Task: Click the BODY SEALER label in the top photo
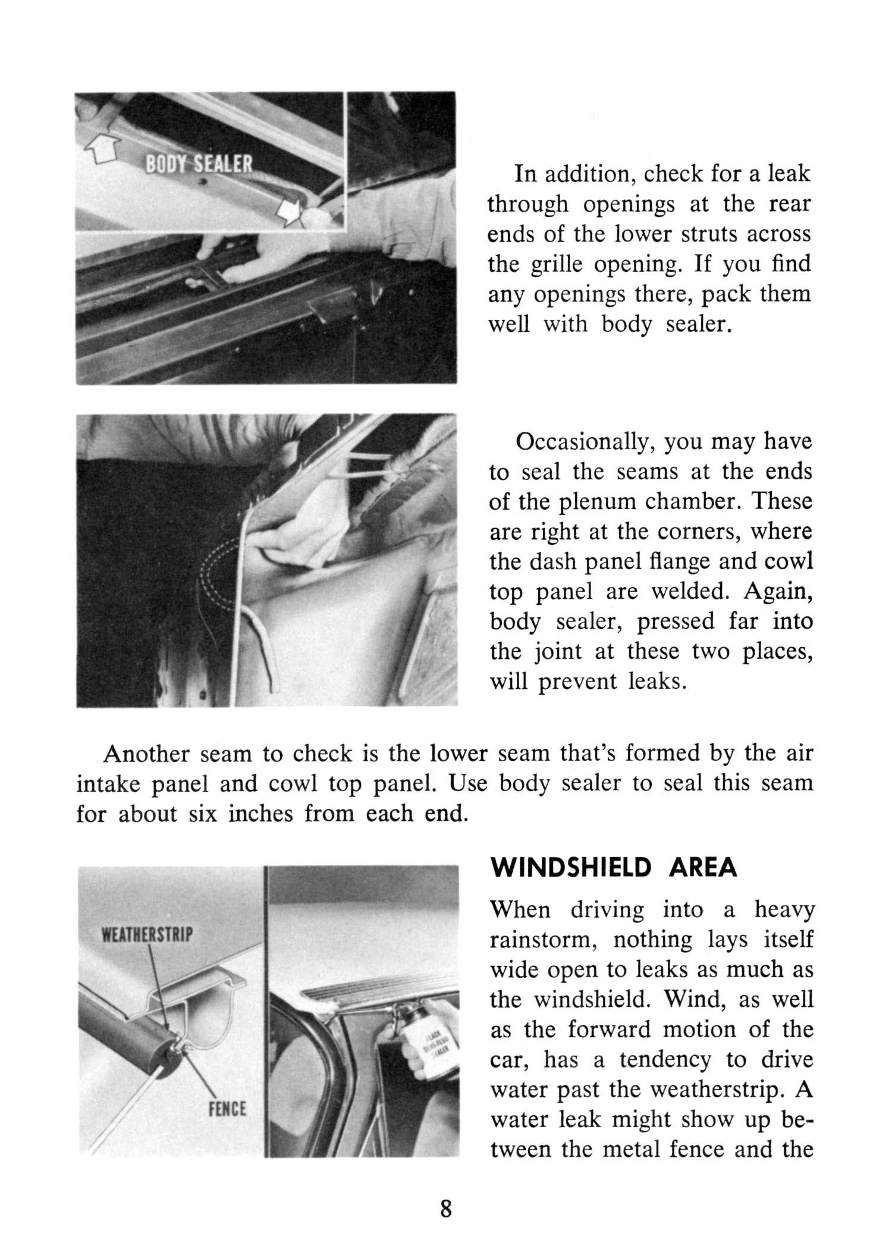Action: tap(200, 165)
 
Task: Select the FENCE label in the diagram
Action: tap(228, 1109)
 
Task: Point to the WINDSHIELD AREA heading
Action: tap(613, 869)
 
